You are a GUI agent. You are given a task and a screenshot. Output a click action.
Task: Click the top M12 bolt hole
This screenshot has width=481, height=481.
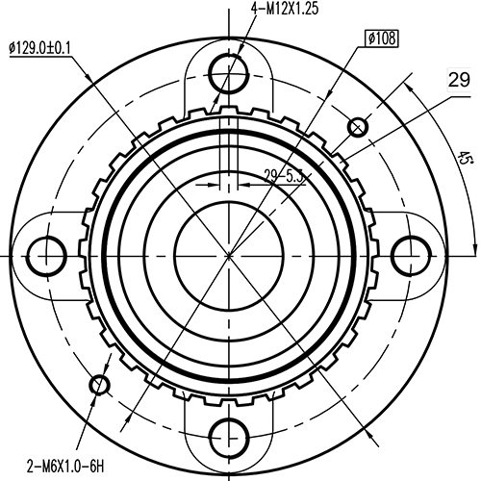tap(229, 66)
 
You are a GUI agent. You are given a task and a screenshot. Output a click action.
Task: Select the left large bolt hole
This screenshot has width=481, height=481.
tap(46, 255)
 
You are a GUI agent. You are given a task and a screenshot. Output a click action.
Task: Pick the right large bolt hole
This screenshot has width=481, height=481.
tap(412, 255)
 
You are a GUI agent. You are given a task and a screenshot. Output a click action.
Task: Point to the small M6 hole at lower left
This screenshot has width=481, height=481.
tap(99, 385)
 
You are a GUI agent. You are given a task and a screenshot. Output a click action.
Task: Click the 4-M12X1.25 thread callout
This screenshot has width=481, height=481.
tap(285, 9)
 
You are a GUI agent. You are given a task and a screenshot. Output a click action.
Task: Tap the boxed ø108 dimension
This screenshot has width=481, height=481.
tap(382, 38)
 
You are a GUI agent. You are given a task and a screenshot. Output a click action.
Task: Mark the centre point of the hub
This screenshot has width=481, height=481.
tap(229, 255)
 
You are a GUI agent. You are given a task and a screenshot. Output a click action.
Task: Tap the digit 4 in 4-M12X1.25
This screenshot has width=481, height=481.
tap(255, 9)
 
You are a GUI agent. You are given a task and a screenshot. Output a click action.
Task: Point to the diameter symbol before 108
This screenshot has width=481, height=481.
tap(371, 38)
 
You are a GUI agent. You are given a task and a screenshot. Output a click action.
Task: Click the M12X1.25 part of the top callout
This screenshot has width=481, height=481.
tap(291, 9)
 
